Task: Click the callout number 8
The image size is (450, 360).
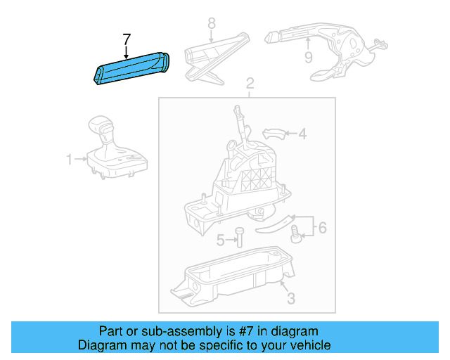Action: [x=211, y=25]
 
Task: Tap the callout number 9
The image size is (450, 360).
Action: [x=308, y=58]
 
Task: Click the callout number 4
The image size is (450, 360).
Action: [x=302, y=133]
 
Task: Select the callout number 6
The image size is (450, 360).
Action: [x=322, y=227]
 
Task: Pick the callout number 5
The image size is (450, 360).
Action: [x=220, y=240]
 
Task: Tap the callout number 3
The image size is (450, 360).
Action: [x=291, y=299]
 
